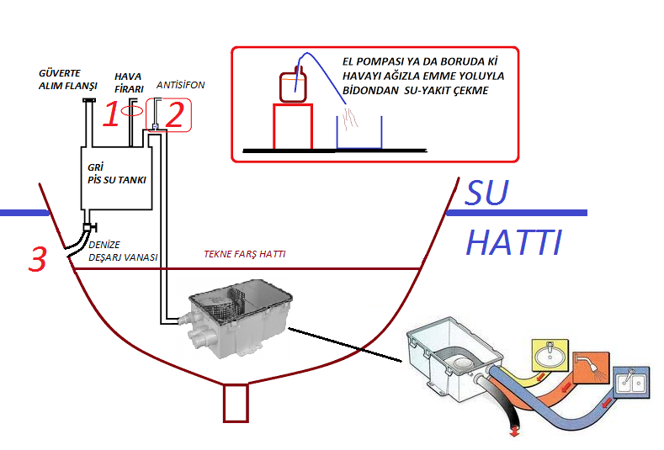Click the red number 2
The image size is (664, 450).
pyautogui.click(x=174, y=114)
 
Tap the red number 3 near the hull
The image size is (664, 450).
pyautogui.click(x=37, y=259)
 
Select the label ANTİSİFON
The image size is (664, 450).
pyautogui.click(x=181, y=86)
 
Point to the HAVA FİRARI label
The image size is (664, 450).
pyautogui.click(x=129, y=82)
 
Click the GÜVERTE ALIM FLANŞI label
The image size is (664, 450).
pyautogui.click(x=69, y=80)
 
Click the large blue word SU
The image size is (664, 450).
pyautogui.click(x=487, y=193)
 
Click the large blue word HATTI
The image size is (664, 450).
pyautogui.click(x=513, y=243)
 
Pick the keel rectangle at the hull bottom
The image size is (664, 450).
pyautogui.click(x=235, y=402)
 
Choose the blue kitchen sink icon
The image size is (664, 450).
pyautogui.click(x=630, y=383)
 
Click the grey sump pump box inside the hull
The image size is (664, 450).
pyautogui.click(x=240, y=320)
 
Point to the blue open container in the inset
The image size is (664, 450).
pyautogui.click(x=359, y=132)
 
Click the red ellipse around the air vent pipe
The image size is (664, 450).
pyautogui.click(x=131, y=110)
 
